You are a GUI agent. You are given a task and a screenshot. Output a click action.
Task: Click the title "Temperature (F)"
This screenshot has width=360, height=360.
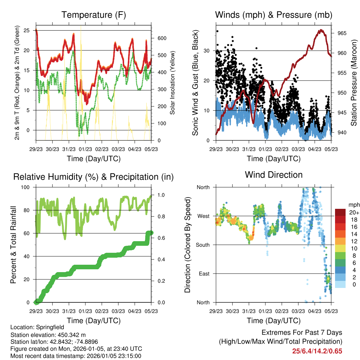[93, 15]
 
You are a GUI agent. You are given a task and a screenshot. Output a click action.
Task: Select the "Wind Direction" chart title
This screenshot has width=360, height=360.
[274, 174]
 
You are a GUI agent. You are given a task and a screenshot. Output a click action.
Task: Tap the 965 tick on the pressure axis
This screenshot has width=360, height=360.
[342, 33]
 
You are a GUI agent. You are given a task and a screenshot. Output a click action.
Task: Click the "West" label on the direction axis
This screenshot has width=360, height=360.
[203, 216]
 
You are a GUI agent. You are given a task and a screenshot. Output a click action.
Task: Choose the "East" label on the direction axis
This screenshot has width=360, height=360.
[204, 274]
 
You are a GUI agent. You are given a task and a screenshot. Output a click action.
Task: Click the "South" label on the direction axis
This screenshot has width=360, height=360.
[202, 245]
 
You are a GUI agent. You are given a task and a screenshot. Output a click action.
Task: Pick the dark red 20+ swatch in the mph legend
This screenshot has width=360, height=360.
[340, 212]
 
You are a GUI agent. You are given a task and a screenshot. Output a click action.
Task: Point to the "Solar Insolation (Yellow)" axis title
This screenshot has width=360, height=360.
[172, 83]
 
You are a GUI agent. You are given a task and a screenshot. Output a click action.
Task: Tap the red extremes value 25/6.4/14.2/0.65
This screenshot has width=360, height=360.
[317, 351]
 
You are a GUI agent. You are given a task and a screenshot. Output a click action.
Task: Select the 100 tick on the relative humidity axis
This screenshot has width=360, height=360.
[26, 187]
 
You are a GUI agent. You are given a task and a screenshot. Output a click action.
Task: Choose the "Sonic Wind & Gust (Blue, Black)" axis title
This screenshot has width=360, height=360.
[195, 83]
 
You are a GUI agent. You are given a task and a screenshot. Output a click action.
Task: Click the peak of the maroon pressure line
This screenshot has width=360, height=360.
[321, 30]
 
